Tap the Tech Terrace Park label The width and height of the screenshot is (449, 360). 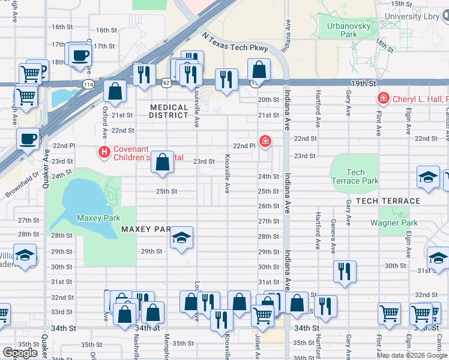355,176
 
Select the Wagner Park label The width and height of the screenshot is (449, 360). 393,223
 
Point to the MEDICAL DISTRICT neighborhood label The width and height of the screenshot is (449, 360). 169,111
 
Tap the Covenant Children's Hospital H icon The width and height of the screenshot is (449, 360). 105,152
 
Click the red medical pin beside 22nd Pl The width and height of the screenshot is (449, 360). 265,142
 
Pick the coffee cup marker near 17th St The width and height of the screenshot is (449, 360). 79,56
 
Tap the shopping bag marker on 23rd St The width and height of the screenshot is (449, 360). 162,161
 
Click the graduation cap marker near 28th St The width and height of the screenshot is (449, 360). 181,238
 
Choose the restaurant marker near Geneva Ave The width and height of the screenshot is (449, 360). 345,272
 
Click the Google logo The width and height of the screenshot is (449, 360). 20,353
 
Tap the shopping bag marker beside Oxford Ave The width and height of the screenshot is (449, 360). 115,92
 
